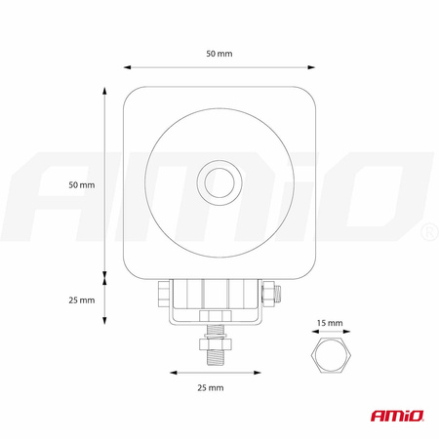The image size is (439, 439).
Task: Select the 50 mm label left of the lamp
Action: coord(82,184)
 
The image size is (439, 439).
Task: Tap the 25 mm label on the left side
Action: coord(82,299)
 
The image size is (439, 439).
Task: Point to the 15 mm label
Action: coord(329,321)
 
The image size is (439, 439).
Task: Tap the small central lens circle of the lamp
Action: coord(219,182)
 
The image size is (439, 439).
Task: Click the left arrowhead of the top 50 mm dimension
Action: coord(127,68)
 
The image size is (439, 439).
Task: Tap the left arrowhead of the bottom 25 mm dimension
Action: coord(173,372)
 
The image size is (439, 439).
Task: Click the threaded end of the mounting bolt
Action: coord(213,357)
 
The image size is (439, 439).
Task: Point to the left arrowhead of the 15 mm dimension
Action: coord(312,332)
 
